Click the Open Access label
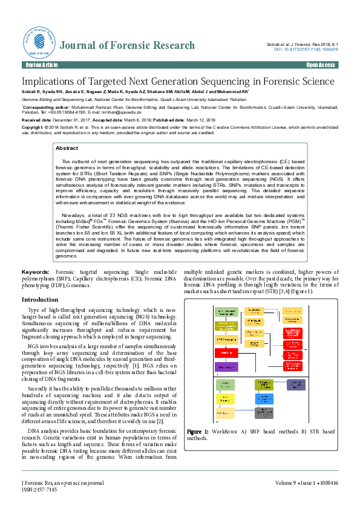[x=320, y=65]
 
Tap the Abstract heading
[x=67, y=148]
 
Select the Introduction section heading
[x=40, y=300]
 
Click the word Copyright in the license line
[x=33, y=128]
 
